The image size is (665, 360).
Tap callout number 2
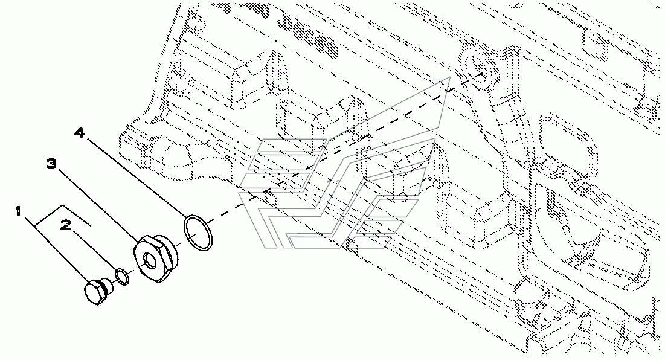[x=66, y=226]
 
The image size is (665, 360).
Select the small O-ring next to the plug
[x=121, y=277]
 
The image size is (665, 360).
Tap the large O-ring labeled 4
[x=198, y=234]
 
